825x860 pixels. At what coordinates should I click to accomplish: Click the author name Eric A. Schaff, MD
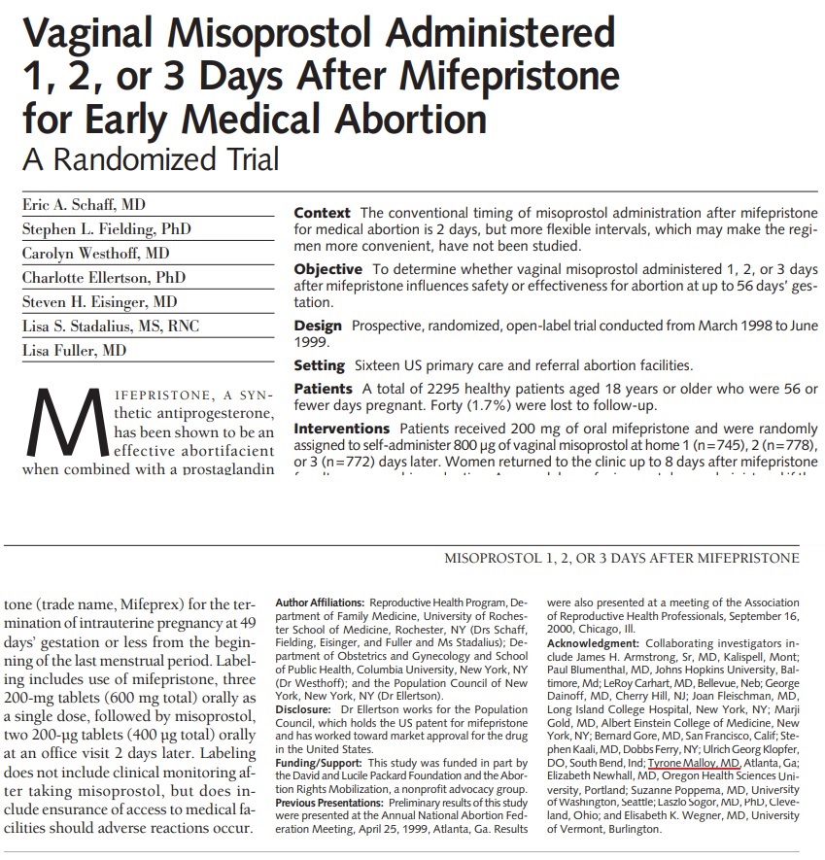84,205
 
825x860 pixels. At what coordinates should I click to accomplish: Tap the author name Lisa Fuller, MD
74,350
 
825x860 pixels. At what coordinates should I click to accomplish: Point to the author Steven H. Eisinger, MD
99,301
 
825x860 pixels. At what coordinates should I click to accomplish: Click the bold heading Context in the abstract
323,213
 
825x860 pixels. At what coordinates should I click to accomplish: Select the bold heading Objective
327,268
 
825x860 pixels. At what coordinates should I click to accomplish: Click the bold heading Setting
319,365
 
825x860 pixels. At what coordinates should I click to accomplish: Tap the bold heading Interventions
340,429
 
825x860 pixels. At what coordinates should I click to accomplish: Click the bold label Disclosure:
304,708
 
